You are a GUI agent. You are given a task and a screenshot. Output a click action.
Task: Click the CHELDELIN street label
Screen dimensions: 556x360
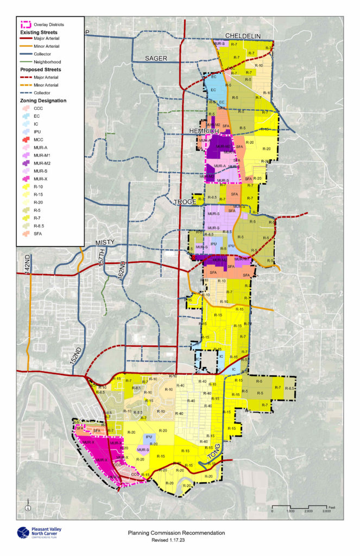coord(240,36)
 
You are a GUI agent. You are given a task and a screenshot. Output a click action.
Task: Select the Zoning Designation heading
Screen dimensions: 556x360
coord(43,100)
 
